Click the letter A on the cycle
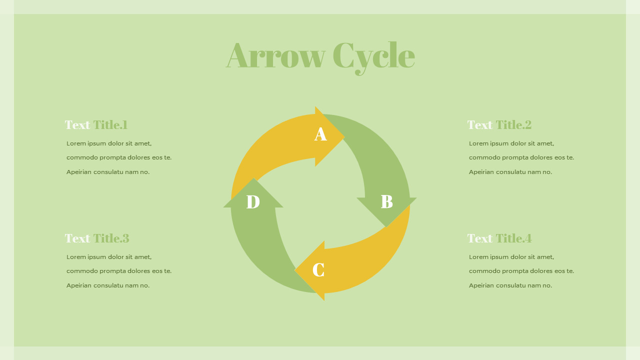coord(320,134)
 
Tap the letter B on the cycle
coord(387,201)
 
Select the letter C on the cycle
coord(318,269)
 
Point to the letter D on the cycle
coord(253,201)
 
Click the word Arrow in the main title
coord(275,55)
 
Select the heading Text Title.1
coord(96,125)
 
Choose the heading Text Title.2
coord(499,125)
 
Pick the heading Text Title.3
coord(97,238)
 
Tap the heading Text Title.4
coord(499,238)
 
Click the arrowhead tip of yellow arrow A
coord(344,137)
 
